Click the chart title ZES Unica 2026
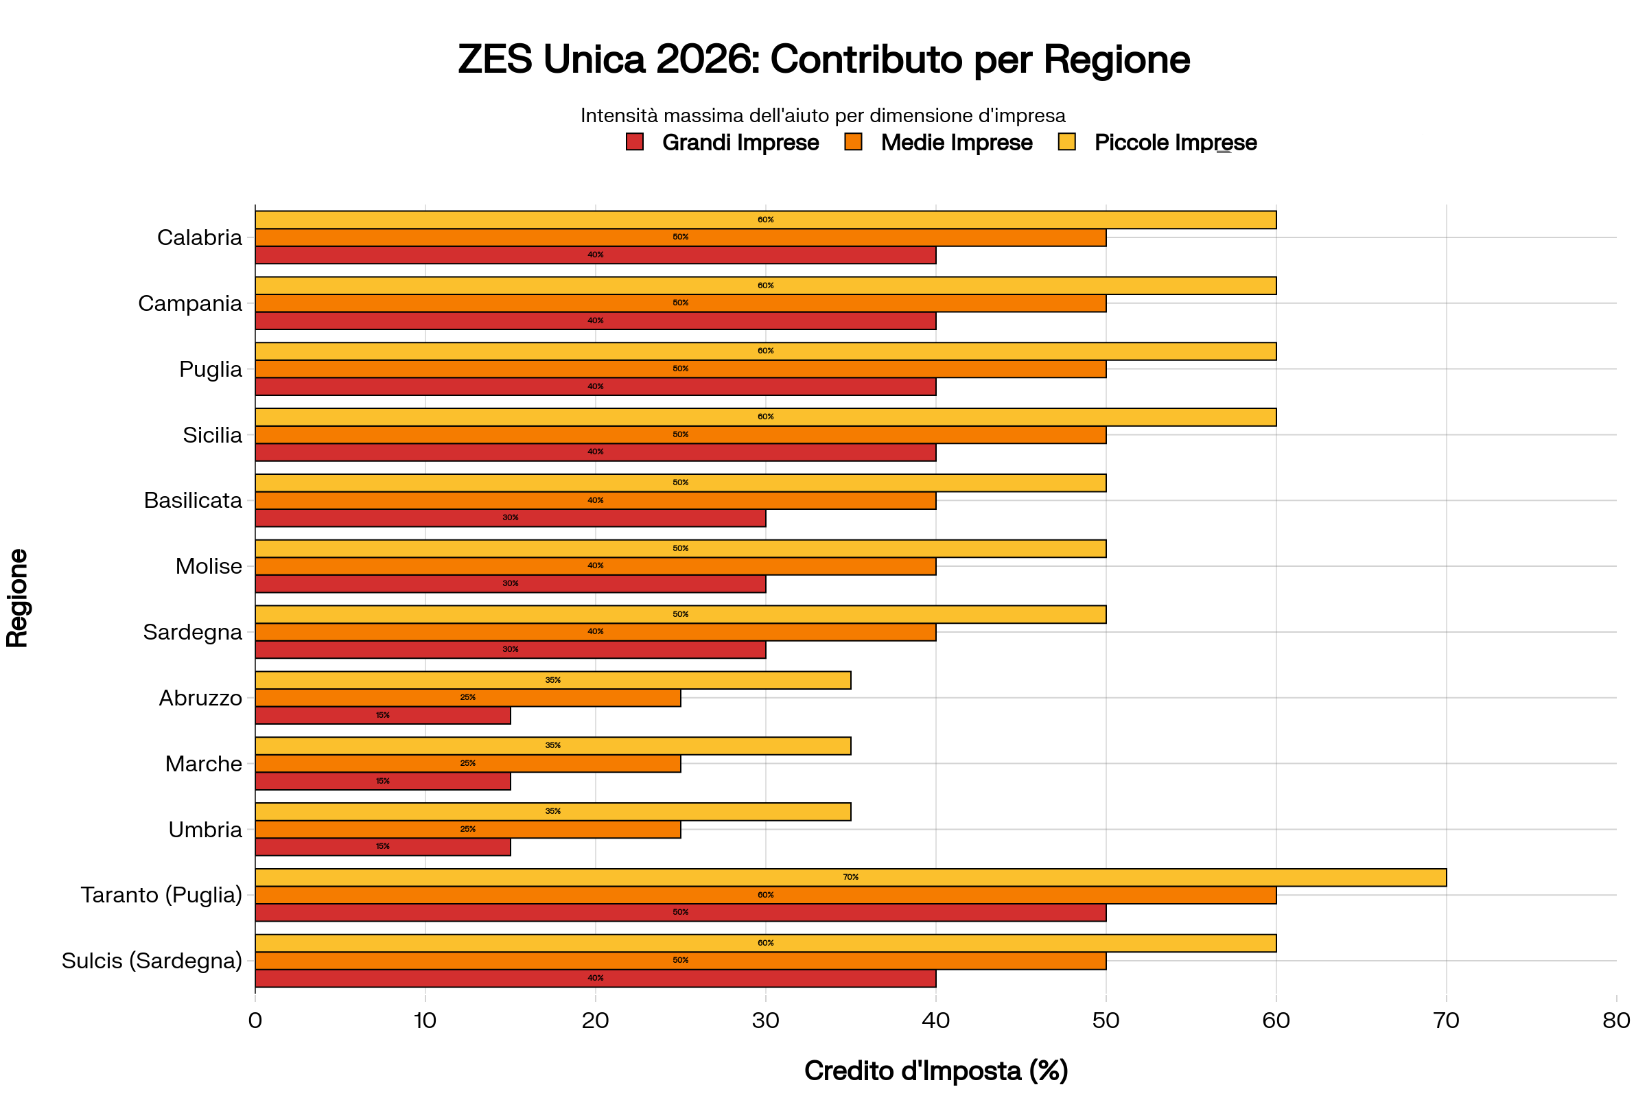(x=823, y=60)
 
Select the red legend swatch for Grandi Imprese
(x=634, y=142)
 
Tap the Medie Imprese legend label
(x=956, y=143)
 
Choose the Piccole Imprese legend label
(x=1175, y=143)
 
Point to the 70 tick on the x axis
(x=1446, y=1020)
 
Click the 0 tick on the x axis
(x=255, y=1020)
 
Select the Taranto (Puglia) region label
(x=161, y=895)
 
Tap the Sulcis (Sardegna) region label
(x=151, y=961)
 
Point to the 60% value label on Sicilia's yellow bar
(x=765, y=417)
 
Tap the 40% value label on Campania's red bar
(x=595, y=320)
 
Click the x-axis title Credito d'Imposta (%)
(x=935, y=1071)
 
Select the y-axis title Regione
(x=18, y=598)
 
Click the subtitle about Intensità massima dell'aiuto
(x=823, y=115)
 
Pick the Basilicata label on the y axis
(x=193, y=501)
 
